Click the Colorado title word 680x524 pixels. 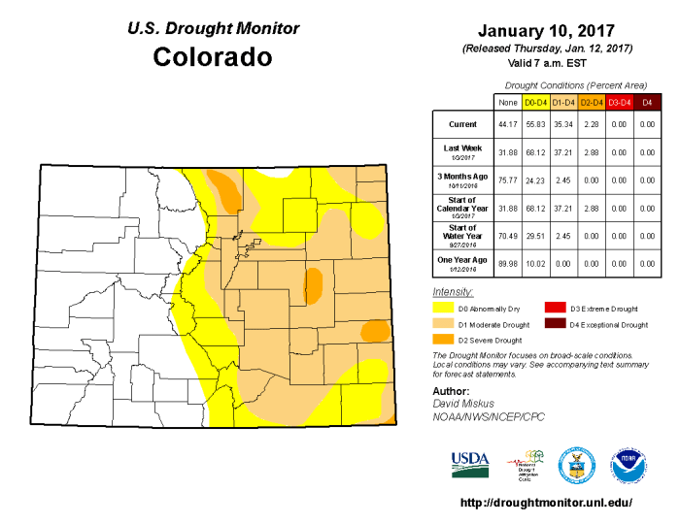click(x=213, y=57)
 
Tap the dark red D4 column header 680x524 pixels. click(x=648, y=101)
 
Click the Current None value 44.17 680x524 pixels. click(x=506, y=124)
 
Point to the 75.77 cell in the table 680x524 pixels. click(x=506, y=180)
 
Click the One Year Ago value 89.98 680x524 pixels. click(x=506, y=262)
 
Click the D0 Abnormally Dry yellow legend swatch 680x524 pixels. click(x=443, y=308)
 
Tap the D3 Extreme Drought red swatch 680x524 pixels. click(x=555, y=308)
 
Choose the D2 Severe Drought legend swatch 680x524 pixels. click(x=443, y=340)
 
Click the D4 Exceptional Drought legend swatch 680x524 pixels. click(x=555, y=324)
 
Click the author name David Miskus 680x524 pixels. click(x=464, y=403)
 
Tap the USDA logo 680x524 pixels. click(x=470, y=463)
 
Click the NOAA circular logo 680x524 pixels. click(x=629, y=463)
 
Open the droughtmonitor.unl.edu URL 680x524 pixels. click(x=545, y=503)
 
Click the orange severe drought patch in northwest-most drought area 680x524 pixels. click(x=225, y=188)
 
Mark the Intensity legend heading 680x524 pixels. click(x=452, y=291)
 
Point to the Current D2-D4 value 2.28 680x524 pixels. click(x=592, y=124)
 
